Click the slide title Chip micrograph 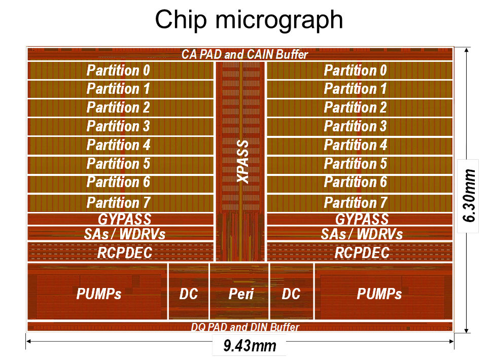249,20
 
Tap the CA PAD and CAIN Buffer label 244,55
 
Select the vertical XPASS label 243,162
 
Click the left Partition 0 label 118,70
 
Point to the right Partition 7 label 355,203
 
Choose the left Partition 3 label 118,126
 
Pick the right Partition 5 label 355,163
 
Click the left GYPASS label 124,220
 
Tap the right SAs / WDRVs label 362,234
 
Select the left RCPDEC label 125,253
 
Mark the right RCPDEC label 362,253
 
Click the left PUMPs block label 99,294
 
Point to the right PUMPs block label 379,294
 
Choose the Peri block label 240,294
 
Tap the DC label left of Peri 188,294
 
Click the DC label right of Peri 291,294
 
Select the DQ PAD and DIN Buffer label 245,327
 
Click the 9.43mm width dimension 250,346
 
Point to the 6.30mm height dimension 470,195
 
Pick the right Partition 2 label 355,107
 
